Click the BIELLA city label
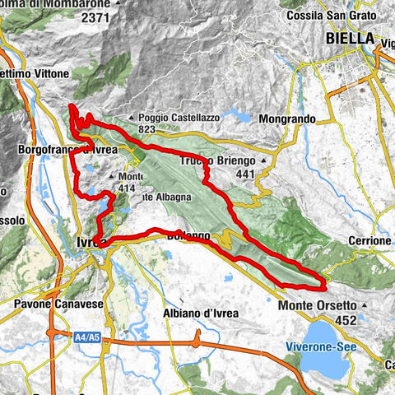tap(350, 39)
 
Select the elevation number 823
tap(148, 129)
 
